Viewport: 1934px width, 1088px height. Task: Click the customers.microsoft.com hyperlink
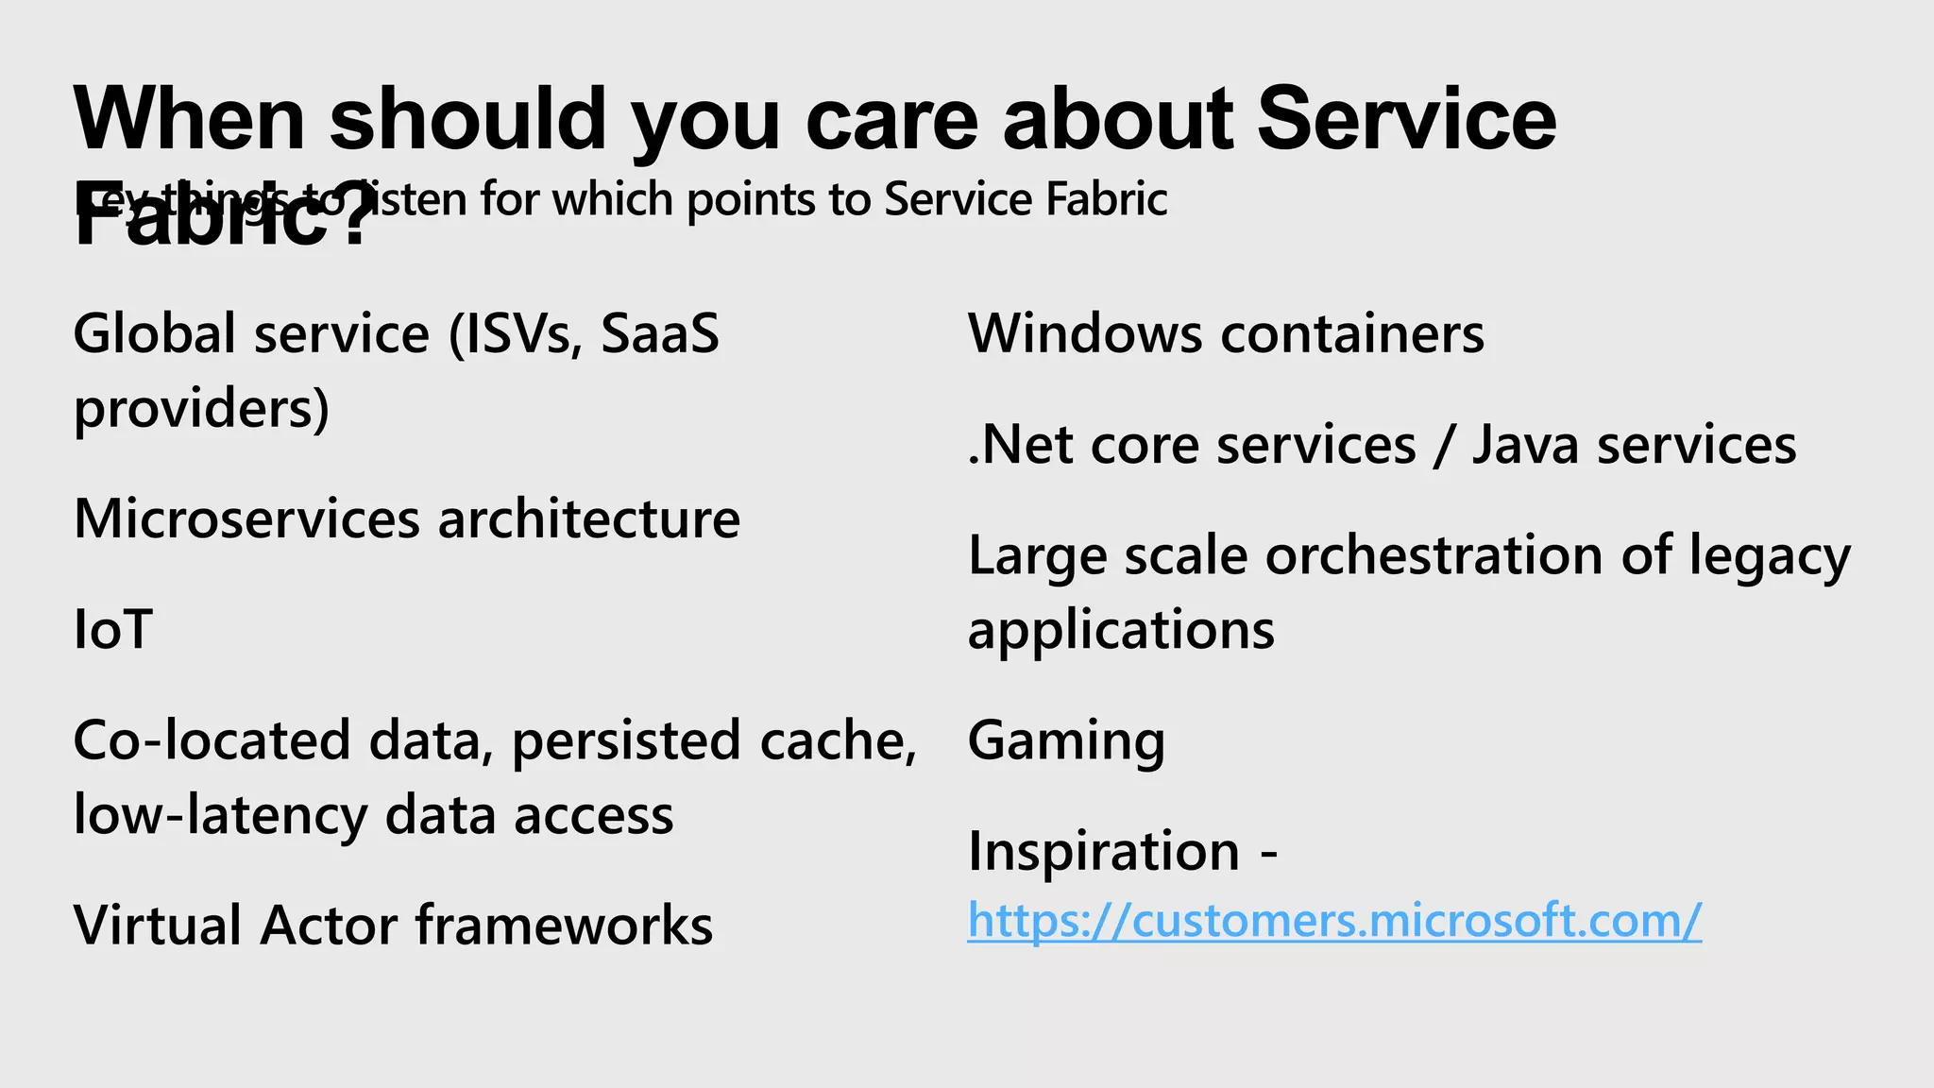1333,920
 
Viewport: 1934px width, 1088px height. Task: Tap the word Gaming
1066,740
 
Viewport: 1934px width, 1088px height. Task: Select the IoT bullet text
112,630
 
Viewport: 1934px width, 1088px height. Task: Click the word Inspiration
1103,851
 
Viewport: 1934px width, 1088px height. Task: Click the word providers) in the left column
201,409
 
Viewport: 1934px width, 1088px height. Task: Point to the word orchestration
1434,555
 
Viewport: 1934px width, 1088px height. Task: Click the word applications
1121,630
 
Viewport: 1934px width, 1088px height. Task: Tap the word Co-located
212,740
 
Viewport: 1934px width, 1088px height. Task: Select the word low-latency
220,815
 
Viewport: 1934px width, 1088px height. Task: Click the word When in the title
189,120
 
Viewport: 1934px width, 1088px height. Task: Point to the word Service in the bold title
1406,120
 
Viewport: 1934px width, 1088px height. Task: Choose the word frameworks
564,925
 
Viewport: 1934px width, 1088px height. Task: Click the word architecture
588,519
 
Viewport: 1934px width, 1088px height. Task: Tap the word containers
1352,334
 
